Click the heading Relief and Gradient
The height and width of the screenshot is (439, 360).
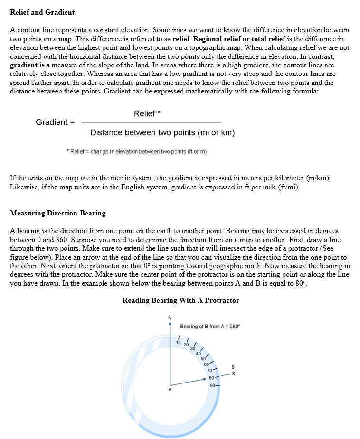coord(42,12)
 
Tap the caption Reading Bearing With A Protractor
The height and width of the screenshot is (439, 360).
coord(180,300)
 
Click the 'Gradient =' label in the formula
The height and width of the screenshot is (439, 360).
coord(55,122)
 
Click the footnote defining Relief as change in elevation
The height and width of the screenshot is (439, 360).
coord(137,151)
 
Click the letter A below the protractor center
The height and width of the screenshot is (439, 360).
coord(170,390)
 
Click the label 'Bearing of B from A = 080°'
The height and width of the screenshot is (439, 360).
coord(210,327)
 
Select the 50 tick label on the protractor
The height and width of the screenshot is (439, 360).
coord(203,358)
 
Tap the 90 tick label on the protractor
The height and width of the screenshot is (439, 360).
coord(213,385)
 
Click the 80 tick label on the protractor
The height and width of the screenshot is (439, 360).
coord(211,378)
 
